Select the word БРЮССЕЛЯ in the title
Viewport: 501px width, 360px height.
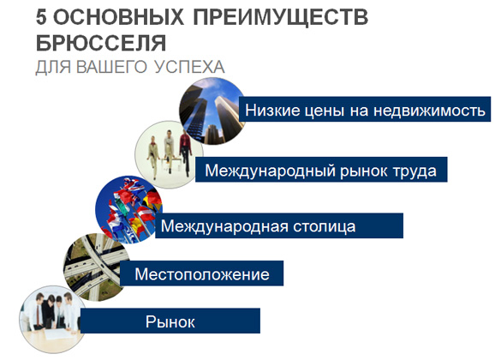[101, 44]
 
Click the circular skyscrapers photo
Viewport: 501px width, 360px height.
[212, 111]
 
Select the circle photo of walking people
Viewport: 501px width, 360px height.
[168, 154]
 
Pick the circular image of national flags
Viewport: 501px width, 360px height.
[128, 209]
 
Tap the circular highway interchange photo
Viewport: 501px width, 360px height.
[96, 267]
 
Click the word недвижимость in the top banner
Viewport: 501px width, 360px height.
[429, 111]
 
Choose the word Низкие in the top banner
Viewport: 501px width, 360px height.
[272, 111]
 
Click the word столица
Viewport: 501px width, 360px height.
[324, 226]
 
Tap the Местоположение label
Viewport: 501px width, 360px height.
[202, 274]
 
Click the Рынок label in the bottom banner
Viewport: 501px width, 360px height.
[170, 321]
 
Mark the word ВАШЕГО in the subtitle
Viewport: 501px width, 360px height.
[111, 67]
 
